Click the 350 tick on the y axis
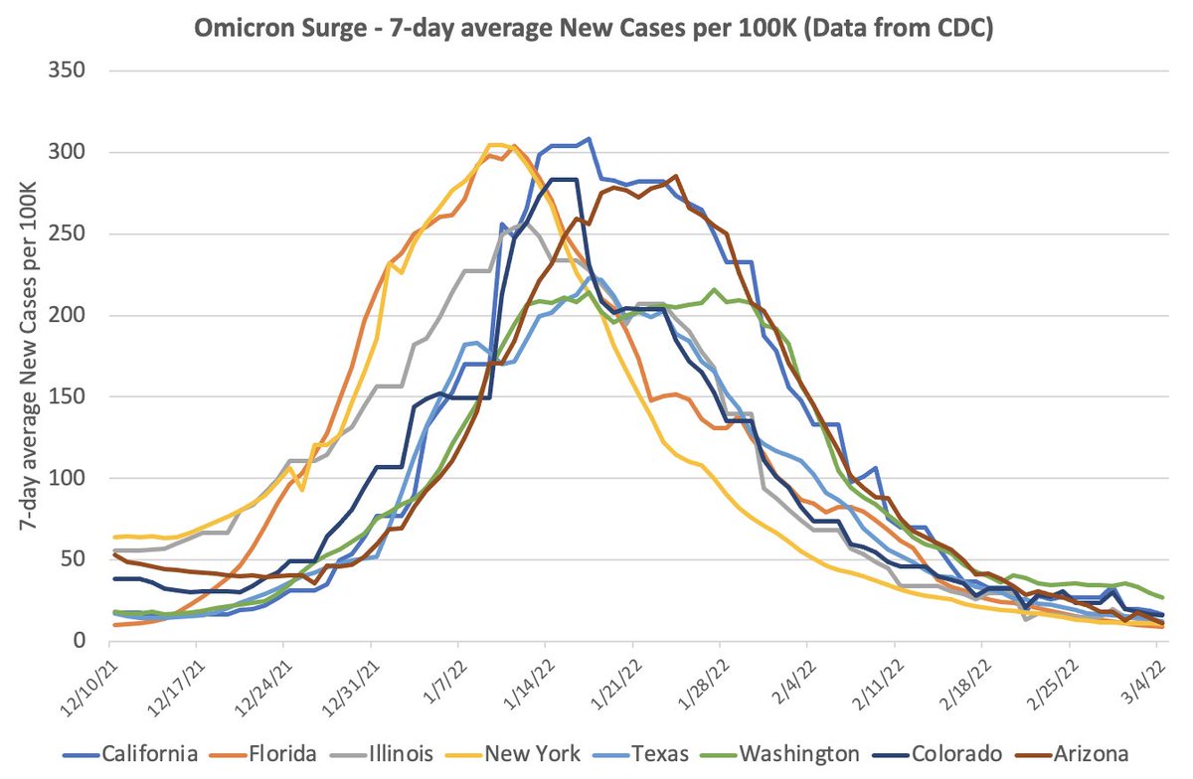(73, 72)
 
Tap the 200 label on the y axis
(73, 315)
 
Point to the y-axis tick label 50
(78, 559)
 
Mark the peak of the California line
(589, 139)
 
